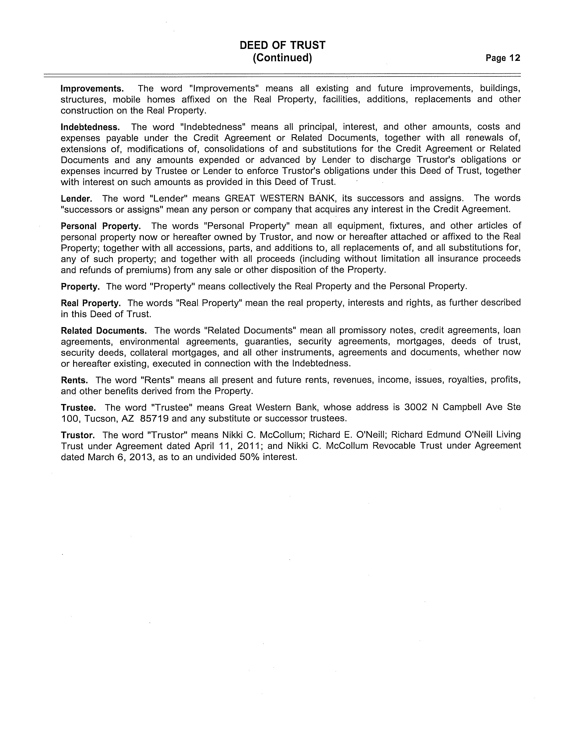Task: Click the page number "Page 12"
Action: point(503,58)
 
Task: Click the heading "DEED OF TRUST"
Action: point(282,45)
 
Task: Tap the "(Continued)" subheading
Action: point(282,58)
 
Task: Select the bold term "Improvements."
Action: point(92,89)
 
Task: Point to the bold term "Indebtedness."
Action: point(90,127)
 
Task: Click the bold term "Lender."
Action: point(76,199)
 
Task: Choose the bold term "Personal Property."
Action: point(100,226)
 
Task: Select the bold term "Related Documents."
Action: point(104,331)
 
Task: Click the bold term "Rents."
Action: point(74,380)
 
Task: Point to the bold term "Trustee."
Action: point(78,408)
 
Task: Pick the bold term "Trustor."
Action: point(78,435)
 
